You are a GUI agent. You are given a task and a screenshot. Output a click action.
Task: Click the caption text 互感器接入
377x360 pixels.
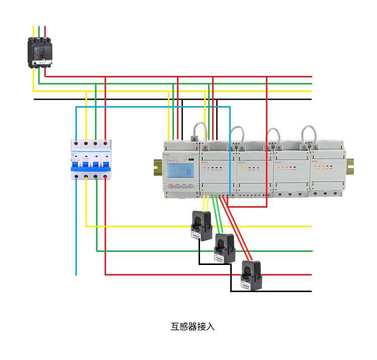click(x=193, y=327)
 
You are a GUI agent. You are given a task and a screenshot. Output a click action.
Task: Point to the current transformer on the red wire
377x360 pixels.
click(x=249, y=275)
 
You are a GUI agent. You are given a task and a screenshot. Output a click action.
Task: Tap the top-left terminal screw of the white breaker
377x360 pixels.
click(x=76, y=144)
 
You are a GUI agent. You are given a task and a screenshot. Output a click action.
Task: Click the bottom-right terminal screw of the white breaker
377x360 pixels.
click(x=105, y=177)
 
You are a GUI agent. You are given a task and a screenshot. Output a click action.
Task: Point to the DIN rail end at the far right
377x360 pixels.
click(x=350, y=164)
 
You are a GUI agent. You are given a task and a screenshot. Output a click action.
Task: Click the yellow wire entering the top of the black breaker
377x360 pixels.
click(x=34, y=31)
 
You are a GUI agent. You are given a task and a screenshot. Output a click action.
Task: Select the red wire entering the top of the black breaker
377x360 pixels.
click(x=45, y=31)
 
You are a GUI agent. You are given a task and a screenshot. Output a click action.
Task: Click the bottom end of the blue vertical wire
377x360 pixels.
click(x=76, y=274)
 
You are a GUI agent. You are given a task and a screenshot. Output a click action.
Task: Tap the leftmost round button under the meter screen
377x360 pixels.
click(x=169, y=186)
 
